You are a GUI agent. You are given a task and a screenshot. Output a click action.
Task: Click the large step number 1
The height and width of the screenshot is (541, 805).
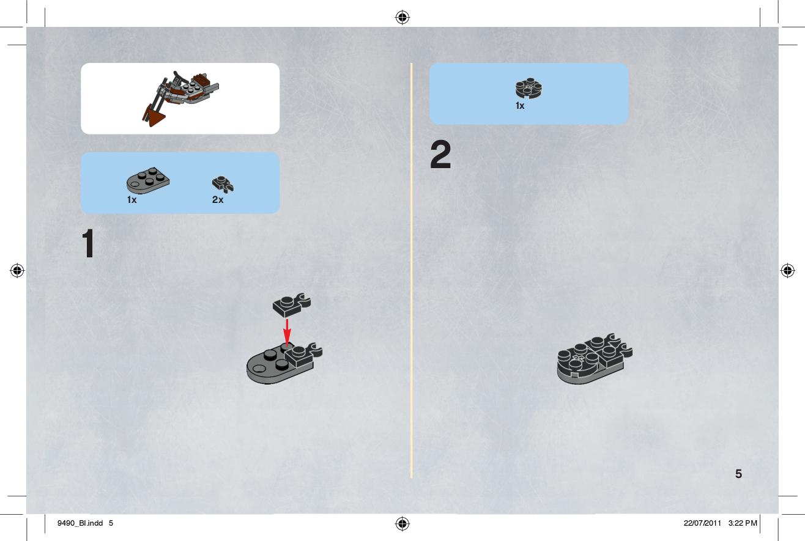click(x=88, y=243)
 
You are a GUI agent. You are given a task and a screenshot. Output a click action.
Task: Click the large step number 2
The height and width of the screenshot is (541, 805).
click(x=440, y=155)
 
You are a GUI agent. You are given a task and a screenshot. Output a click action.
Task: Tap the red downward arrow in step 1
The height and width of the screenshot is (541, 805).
click(x=287, y=333)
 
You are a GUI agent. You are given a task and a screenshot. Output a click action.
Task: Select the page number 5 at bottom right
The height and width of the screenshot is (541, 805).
click(x=738, y=474)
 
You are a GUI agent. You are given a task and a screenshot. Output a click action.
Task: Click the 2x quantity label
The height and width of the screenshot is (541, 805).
click(x=218, y=200)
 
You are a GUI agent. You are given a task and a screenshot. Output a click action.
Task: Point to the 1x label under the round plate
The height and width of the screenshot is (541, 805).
click(x=520, y=106)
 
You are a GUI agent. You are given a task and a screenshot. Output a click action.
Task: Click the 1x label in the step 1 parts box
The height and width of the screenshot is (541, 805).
click(x=132, y=200)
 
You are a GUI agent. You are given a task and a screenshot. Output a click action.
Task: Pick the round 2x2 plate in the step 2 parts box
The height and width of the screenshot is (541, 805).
click(x=529, y=88)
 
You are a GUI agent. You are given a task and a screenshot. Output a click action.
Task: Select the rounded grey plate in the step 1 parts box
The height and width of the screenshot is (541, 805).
click(x=148, y=180)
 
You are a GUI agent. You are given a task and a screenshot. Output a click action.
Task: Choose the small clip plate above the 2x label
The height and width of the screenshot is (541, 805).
click(x=223, y=184)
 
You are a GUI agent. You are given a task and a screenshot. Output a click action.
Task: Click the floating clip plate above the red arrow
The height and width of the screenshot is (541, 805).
click(x=291, y=305)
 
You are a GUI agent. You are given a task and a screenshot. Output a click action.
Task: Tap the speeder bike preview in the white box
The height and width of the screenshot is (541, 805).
click(x=180, y=98)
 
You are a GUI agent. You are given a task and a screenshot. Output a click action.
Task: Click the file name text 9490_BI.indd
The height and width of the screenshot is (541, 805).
click(x=80, y=523)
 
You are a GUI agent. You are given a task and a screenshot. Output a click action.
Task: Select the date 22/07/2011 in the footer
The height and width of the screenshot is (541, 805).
click(x=702, y=523)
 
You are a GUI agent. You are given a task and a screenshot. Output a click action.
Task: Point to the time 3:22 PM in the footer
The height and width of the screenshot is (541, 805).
click(x=743, y=523)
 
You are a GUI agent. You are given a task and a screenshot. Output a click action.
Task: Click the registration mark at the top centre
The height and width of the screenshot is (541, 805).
click(x=402, y=17)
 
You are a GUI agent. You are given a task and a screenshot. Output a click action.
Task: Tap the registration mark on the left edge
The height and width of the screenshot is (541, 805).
click(x=17, y=270)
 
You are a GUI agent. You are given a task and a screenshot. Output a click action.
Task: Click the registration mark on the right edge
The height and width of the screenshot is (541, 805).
click(x=788, y=270)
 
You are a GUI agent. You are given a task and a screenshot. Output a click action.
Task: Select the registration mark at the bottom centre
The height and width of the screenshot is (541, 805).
click(x=402, y=523)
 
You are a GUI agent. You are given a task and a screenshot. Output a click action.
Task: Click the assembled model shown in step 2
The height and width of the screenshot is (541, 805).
click(x=595, y=359)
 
